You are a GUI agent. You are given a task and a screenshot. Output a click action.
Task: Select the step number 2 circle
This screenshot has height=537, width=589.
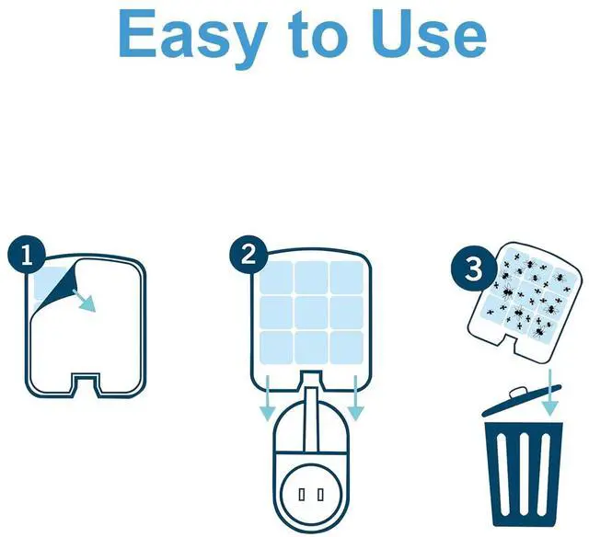click(248, 255)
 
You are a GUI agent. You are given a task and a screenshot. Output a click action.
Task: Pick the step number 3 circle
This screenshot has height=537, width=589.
click(472, 270)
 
